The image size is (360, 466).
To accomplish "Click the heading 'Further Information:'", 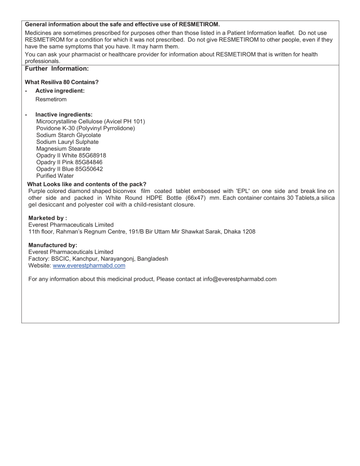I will [x=56, y=69].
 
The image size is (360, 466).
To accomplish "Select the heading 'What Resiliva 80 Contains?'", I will [x=61, y=82].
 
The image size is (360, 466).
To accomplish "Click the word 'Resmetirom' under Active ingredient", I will [x=51, y=99].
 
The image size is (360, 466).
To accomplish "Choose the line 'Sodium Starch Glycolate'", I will [x=68, y=135].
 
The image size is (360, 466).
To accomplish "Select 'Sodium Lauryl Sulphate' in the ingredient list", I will [x=67, y=142].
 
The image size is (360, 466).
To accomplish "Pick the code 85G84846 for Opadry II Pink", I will [x=91, y=162].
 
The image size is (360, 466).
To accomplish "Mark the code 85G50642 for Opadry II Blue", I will [x=91, y=169].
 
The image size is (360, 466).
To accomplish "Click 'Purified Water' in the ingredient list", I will [x=55, y=176].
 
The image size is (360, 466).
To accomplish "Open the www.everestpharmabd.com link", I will [x=89, y=266].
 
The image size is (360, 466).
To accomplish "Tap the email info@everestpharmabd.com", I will [x=239, y=279].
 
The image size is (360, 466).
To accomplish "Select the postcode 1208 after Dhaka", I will [x=248, y=232].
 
